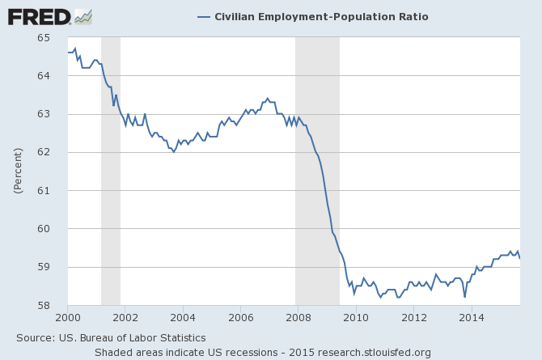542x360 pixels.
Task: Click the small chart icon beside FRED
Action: click(x=83, y=15)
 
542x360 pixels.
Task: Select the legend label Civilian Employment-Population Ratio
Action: click(x=321, y=16)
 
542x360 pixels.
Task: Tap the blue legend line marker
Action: click(x=203, y=16)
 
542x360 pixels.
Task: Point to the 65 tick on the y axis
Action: click(x=57, y=38)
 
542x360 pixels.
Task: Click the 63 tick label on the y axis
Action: click(x=57, y=114)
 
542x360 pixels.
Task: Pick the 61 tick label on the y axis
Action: click(x=57, y=190)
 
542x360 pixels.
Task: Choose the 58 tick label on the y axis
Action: click(x=57, y=305)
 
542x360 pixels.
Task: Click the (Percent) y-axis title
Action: click(x=17, y=172)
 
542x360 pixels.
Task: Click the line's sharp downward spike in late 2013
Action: click(x=464, y=296)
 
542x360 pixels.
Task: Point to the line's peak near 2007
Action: click(x=268, y=99)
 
